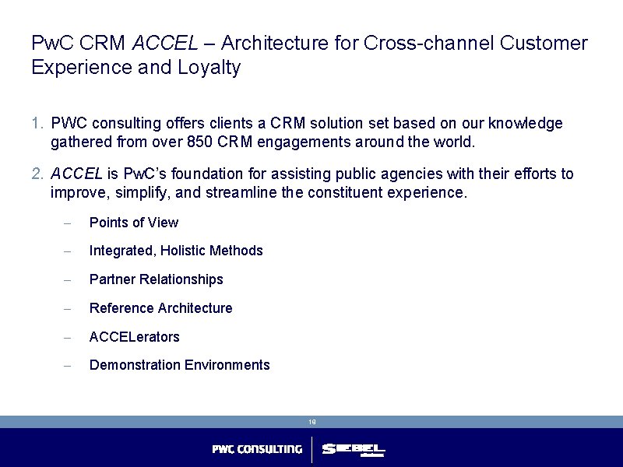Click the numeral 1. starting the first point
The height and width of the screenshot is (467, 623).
(38, 124)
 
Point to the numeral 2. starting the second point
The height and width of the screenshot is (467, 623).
(38, 174)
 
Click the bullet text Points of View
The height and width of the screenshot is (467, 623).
(134, 223)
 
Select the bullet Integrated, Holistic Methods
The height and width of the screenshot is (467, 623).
(176, 251)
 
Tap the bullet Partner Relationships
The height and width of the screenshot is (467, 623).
(157, 279)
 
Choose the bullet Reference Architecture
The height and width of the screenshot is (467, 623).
(161, 308)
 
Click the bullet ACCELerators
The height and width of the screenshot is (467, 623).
(135, 337)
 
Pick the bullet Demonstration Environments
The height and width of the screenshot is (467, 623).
(180, 365)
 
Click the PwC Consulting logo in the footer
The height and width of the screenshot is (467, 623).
(257, 449)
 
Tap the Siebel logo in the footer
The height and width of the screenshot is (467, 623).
(354, 450)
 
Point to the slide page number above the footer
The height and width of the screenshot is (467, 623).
(311, 422)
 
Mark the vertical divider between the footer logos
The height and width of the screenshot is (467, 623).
(311, 450)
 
